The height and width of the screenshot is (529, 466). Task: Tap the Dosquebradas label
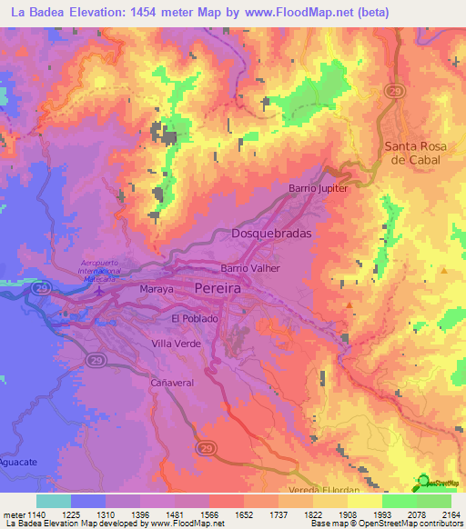point(272,234)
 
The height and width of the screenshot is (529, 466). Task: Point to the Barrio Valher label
point(250,269)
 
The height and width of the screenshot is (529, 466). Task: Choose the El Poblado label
point(194,319)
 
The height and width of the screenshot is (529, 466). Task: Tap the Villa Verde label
point(177,344)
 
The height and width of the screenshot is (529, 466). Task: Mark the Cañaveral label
point(172,384)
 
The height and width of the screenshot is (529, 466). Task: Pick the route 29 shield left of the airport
point(41,287)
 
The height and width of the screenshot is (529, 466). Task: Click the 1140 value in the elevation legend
point(29,514)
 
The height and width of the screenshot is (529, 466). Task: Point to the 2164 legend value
point(450,514)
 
